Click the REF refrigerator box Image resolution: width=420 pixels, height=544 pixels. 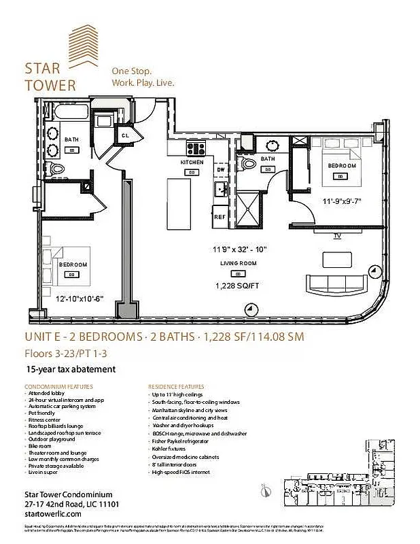point(220,217)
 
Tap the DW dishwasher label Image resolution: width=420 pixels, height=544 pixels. point(220,170)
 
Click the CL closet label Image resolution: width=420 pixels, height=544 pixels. point(126,135)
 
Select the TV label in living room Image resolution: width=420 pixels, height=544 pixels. point(336,236)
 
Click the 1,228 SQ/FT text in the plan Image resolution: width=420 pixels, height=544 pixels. point(237,286)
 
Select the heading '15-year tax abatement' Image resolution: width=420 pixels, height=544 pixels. point(71,369)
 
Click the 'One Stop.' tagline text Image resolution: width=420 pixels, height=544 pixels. point(132,71)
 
